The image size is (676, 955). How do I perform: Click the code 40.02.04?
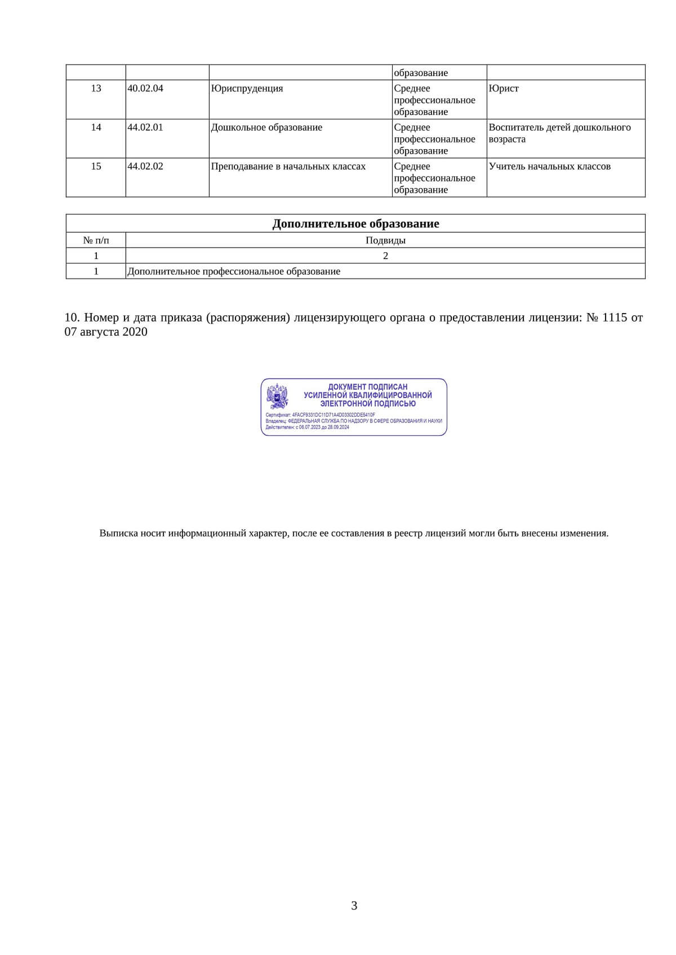[145, 88]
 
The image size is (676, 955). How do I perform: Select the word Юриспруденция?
[247, 88]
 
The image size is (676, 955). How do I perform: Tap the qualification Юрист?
[504, 88]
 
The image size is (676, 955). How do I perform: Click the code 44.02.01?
[145, 127]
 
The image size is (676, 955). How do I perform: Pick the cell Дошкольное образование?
[266, 127]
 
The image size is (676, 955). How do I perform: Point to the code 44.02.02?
[145, 166]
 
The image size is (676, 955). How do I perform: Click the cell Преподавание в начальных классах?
[288, 166]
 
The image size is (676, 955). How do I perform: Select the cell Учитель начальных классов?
[549, 166]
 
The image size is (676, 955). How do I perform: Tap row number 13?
[96, 88]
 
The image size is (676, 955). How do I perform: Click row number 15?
[96, 166]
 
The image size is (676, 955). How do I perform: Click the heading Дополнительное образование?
[355, 224]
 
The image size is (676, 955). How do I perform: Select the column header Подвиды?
[385, 240]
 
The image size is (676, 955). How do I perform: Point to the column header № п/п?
[96, 240]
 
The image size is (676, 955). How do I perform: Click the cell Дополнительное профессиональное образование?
[234, 271]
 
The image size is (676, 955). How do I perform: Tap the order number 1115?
[614, 318]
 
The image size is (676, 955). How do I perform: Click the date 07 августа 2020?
[106, 332]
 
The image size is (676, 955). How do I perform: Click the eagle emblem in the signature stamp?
[277, 396]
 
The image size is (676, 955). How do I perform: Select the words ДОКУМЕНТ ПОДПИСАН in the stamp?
[367, 387]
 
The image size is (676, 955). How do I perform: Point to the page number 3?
[354, 905]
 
